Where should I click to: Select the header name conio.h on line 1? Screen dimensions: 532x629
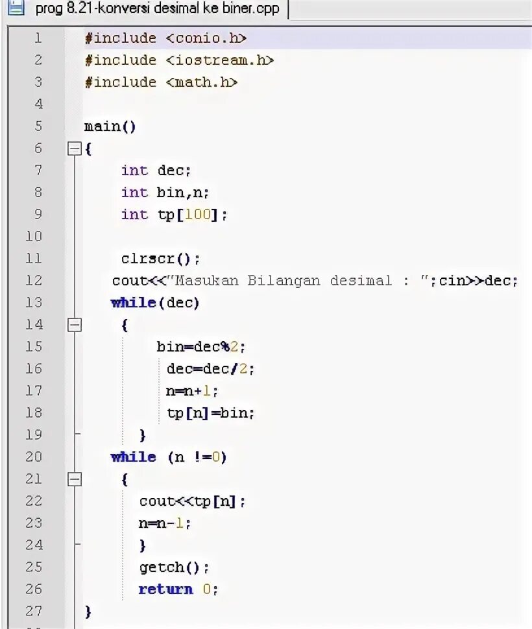206,38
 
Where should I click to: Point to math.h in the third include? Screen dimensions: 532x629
202,82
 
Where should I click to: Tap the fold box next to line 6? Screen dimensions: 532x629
75,149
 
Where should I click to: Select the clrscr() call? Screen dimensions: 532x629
160,259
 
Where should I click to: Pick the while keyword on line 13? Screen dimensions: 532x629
134,303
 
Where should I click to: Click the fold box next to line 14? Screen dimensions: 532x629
75,325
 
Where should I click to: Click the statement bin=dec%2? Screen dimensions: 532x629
202,347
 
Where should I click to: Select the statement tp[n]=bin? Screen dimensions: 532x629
210,413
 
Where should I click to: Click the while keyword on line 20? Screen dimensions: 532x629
134,457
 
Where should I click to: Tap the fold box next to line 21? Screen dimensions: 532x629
75,479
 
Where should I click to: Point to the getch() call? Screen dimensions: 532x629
174,567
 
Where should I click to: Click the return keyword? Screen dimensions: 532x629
165,589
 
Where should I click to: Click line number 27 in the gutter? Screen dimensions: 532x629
34,611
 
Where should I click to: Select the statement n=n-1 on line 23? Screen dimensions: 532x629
165,523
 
